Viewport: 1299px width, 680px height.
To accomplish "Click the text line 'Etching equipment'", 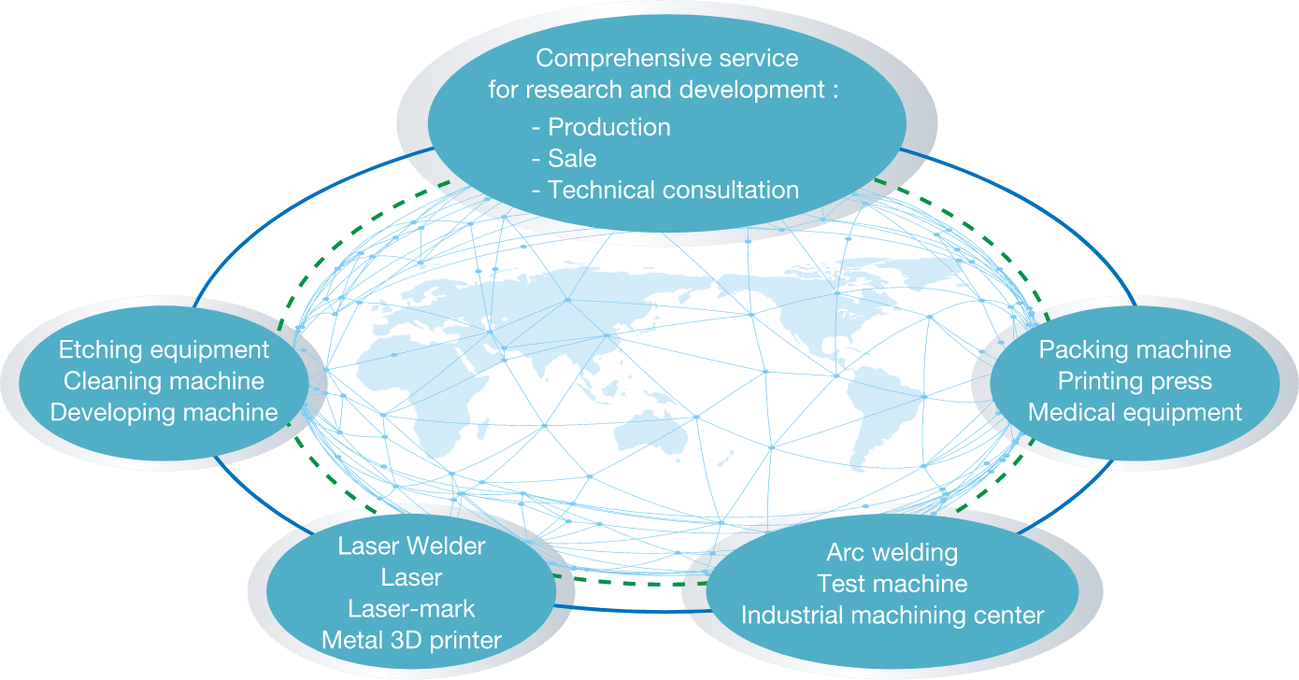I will coord(164,349).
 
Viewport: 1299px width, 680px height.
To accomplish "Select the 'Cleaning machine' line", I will coord(164,381).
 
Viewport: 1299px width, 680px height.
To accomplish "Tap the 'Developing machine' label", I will coord(164,412).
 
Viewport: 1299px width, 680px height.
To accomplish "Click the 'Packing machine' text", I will coord(1135,349).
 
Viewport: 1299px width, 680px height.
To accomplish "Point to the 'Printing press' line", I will coord(1135,381).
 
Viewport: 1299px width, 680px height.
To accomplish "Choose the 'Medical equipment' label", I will coord(1135,412).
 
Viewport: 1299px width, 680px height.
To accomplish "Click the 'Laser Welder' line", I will coord(411,546).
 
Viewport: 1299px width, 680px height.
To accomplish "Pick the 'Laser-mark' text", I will coord(411,609).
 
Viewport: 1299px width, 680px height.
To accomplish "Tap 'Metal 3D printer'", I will coord(411,640).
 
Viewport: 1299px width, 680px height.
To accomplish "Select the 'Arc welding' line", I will coord(892,552).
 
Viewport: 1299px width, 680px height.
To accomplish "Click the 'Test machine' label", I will coord(892,584).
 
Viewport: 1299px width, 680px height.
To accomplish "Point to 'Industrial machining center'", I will coord(892,616).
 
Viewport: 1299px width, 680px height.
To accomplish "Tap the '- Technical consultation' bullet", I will coord(664,190).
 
